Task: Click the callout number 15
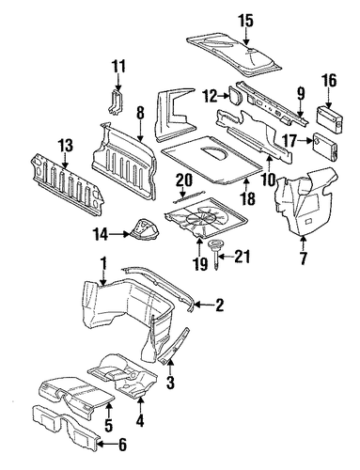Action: point(246,21)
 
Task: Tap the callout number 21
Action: point(243,257)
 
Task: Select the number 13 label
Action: point(65,146)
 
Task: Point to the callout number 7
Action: point(304,258)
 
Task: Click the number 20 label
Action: point(183,180)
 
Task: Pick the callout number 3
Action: point(170,383)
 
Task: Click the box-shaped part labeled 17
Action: point(325,147)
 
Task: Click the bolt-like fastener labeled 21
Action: point(215,252)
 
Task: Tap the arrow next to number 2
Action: point(201,304)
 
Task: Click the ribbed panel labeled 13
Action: point(67,186)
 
